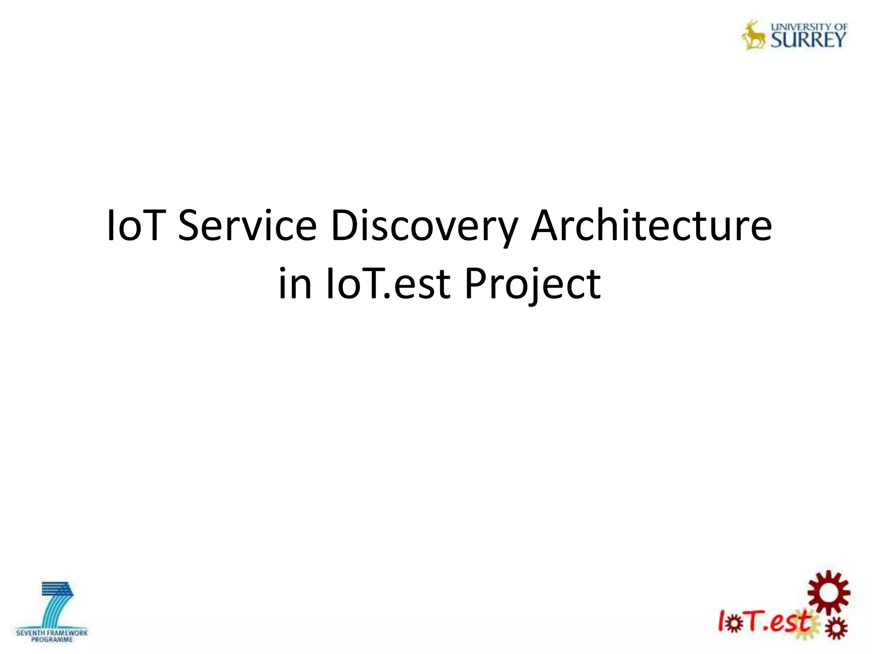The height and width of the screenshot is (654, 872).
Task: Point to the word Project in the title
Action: pos(532,284)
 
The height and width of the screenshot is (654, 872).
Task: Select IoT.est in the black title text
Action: pos(387,284)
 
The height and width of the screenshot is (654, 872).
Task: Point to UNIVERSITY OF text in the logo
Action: pos(809,26)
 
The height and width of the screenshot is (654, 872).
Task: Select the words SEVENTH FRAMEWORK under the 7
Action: pos(52,633)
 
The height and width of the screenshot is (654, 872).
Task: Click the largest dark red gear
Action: pos(829,592)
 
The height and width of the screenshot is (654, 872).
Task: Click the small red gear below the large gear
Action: pos(835,628)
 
